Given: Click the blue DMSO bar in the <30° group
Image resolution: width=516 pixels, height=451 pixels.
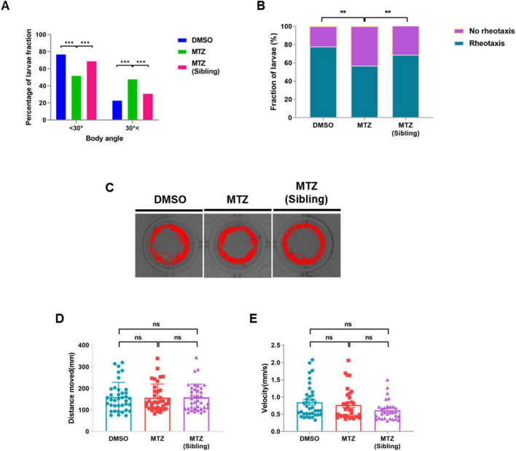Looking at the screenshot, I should tap(61, 87).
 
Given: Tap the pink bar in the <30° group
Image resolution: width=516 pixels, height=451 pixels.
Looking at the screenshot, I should tap(92, 91).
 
